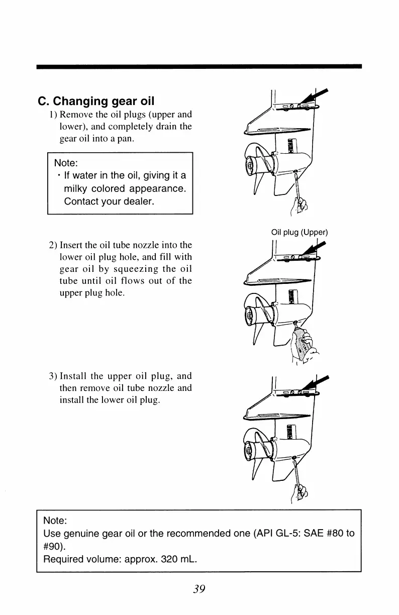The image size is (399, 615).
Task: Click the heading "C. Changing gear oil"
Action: pyautogui.click(x=96, y=101)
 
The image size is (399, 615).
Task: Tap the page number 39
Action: pyautogui.click(x=199, y=589)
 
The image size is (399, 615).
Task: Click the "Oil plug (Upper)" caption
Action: pyautogui.click(x=299, y=232)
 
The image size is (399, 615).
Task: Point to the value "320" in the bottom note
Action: pyautogui.click(x=161, y=559)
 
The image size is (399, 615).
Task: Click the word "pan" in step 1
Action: pyautogui.click(x=126, y=139)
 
